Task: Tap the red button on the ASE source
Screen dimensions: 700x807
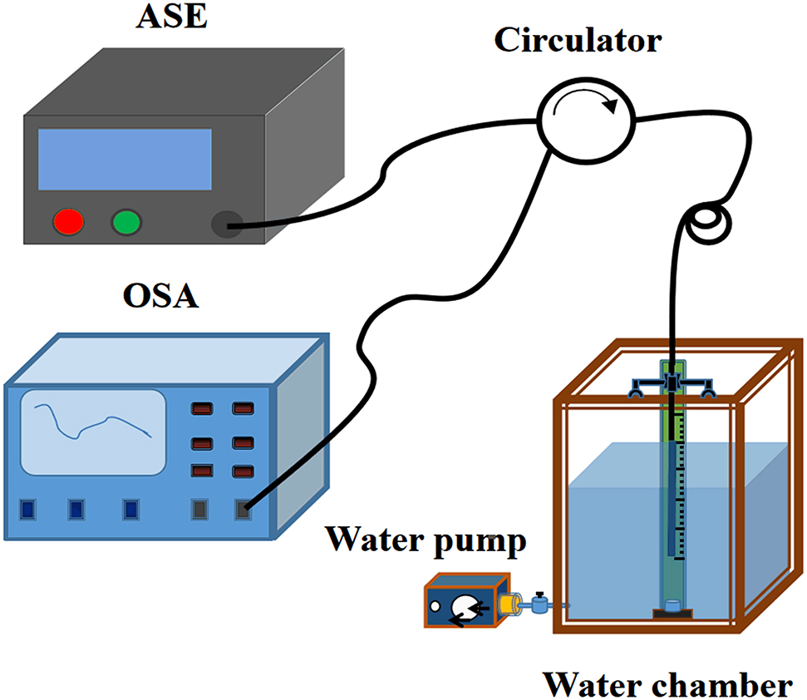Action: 68,222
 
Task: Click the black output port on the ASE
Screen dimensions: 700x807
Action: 225,223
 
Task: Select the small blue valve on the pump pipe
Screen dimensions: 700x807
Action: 540,605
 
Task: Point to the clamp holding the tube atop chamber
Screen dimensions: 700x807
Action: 672,384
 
